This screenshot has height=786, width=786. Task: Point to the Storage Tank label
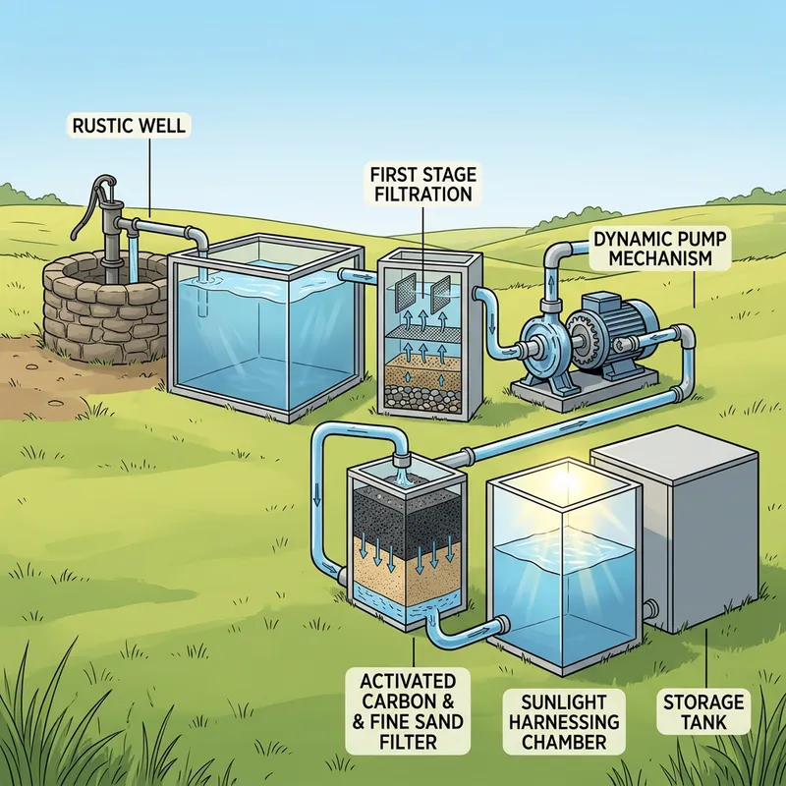702,711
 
